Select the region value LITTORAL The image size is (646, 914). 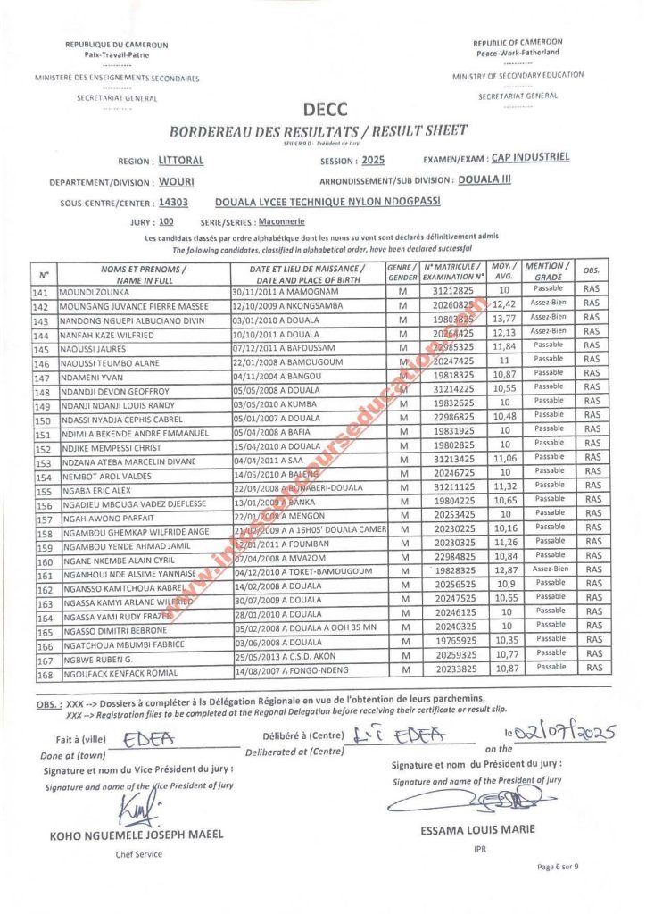[x=181, y=162]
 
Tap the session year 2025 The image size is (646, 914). [x=373, y=162]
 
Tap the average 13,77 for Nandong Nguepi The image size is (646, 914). [x=504, y=320]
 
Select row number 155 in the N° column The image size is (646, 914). [x=41, y=492]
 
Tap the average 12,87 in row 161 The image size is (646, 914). [x=504, y=570]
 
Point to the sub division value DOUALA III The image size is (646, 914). [x=493, y=179]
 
